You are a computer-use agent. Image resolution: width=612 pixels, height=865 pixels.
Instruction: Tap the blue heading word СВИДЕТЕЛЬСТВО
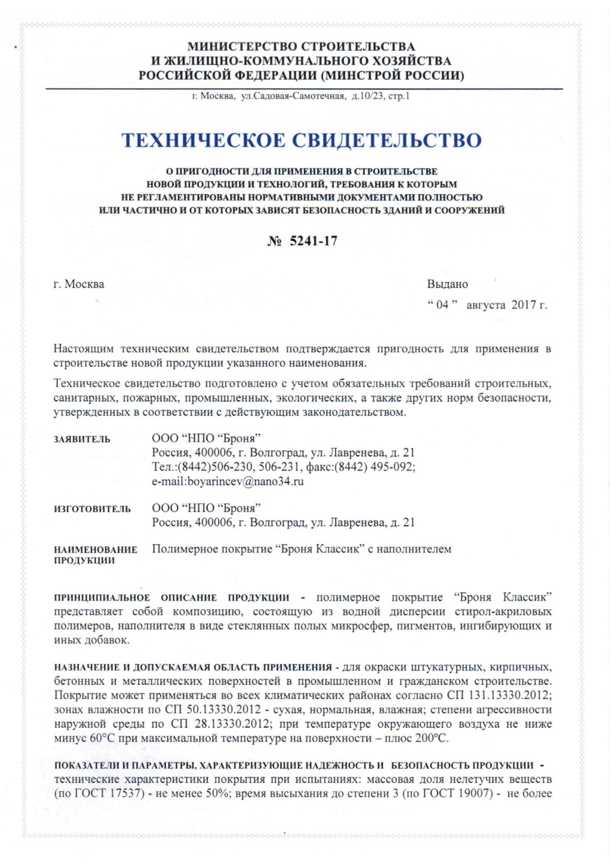click(387, 140)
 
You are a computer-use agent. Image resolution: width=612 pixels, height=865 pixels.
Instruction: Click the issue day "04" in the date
click(443, 305)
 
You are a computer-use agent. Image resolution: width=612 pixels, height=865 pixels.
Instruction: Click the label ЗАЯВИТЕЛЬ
click(82, 439)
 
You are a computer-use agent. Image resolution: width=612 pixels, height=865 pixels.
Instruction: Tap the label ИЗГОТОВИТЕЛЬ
click(92, 509)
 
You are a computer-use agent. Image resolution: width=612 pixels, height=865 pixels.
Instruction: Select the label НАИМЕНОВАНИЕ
click(96, 550)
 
